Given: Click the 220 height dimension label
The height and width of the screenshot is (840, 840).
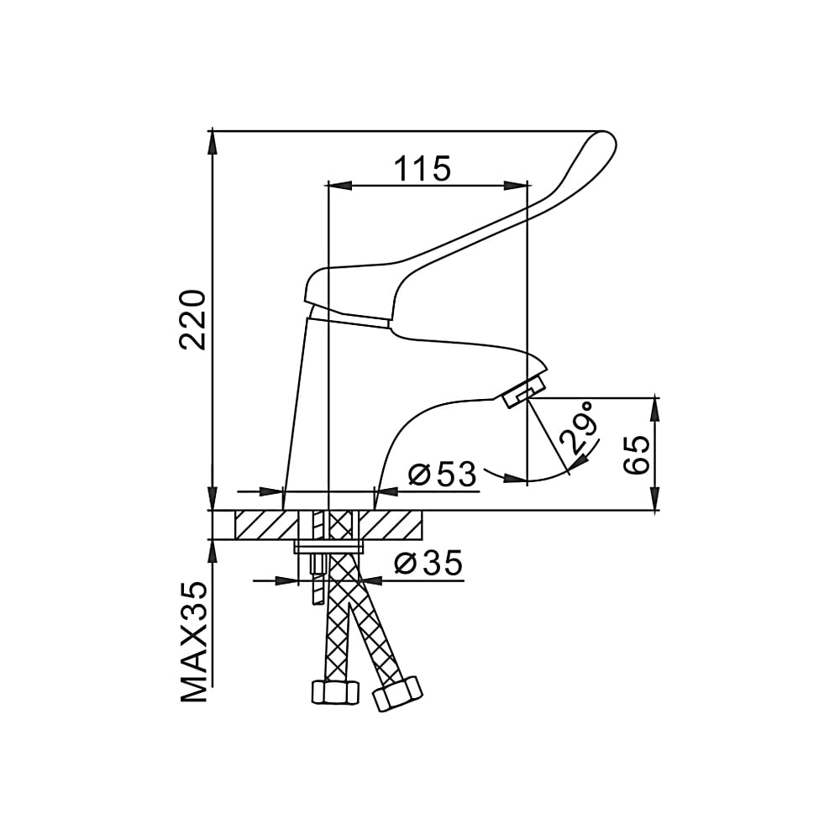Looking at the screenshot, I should tap(192, 318).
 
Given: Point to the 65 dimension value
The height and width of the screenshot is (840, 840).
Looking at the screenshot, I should tap(637, 454).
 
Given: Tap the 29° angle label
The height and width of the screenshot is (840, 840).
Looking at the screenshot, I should tap(579, 429).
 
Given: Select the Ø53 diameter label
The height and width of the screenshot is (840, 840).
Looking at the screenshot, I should tap(442, 475).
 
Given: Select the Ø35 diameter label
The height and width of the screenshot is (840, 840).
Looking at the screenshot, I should tap(428, 563).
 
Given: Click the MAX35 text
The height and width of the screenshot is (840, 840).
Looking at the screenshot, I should tap(194, 642).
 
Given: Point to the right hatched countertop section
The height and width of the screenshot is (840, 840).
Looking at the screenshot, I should tap(391, 526).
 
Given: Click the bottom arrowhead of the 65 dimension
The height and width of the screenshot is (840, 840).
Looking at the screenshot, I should tap(656, 501).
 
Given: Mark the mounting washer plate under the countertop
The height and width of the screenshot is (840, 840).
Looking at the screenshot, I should tap(328, 548).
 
